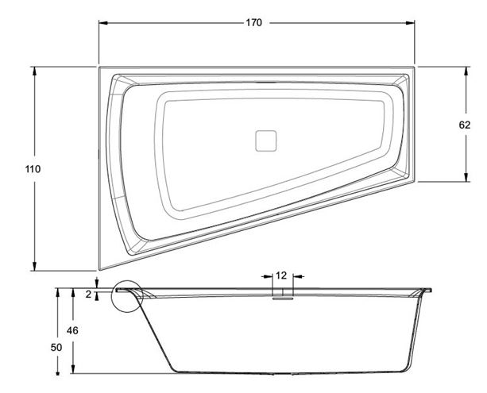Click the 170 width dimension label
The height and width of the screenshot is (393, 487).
click(254, 23)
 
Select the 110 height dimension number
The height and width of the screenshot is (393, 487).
click(33, 169)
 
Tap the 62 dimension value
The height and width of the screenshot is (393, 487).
click(465, 125)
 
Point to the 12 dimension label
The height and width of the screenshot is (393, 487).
click(281, 275)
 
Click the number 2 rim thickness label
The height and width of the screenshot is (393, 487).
click(88, 295)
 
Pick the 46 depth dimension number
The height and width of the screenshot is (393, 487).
click(72, 331)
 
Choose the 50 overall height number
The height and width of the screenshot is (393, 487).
click(56, 348)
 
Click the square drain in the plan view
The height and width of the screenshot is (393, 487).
click(266, 141)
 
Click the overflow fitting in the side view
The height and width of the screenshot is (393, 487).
click(283, 299)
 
